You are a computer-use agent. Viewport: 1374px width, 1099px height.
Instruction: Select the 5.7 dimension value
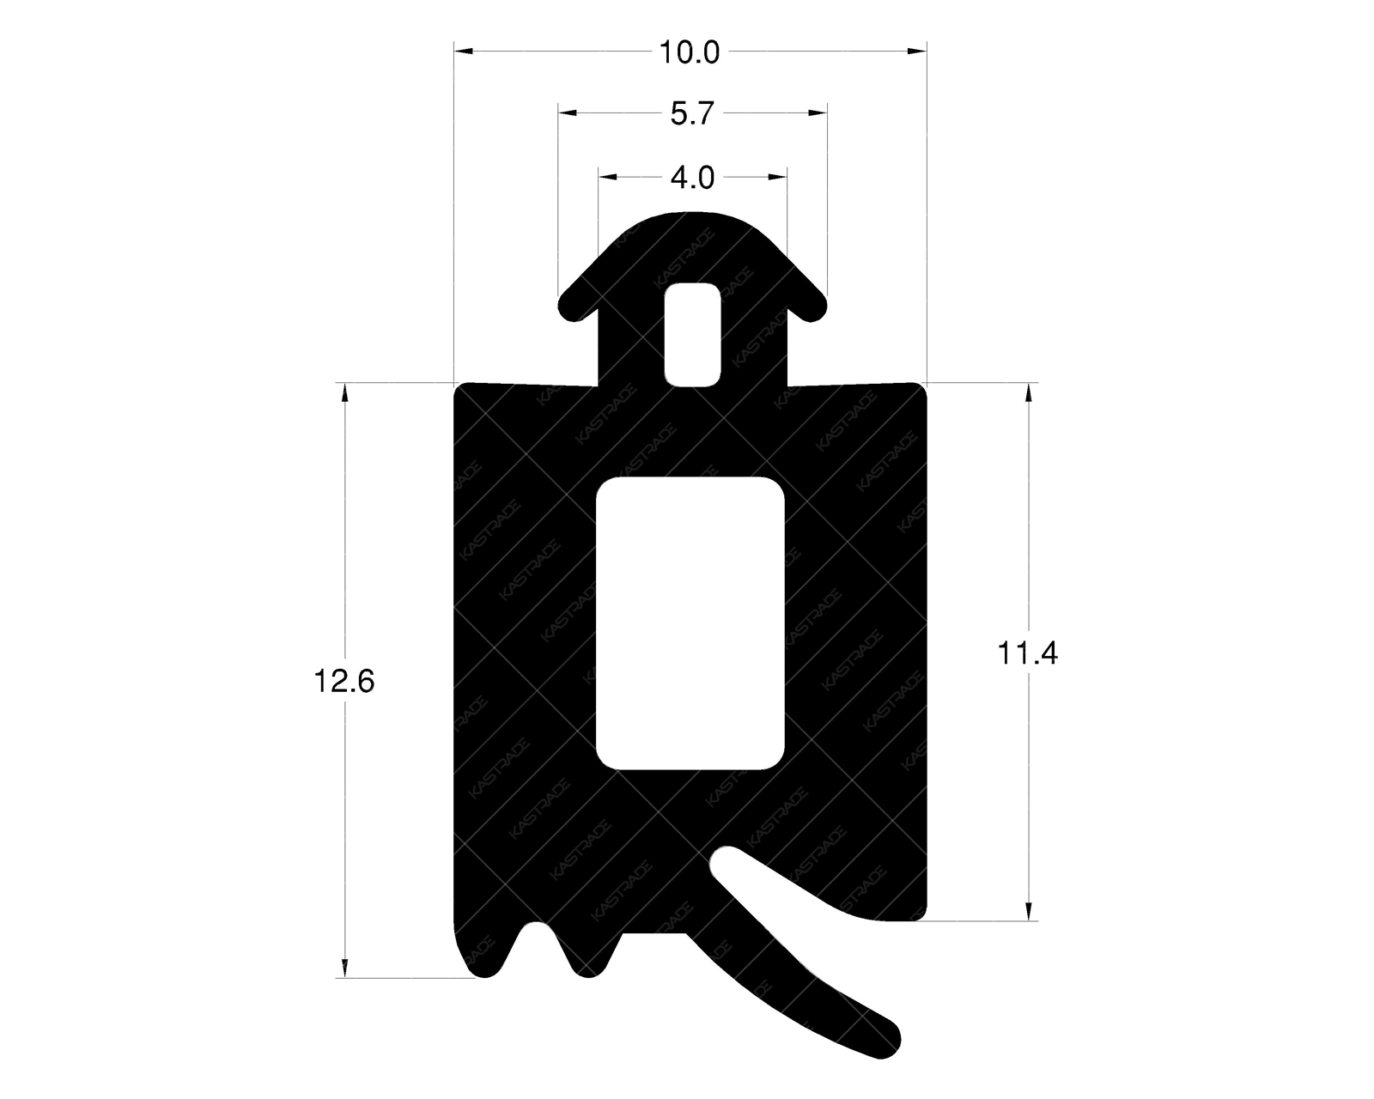click(692, 113)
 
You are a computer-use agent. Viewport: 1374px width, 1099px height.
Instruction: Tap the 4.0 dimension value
click(692, 178)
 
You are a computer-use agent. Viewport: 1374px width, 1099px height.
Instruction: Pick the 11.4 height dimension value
click(1027, 654)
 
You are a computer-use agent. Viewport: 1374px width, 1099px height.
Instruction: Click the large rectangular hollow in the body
click(690, 623)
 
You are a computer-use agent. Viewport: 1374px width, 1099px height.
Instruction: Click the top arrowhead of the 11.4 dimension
click(1028, 392)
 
